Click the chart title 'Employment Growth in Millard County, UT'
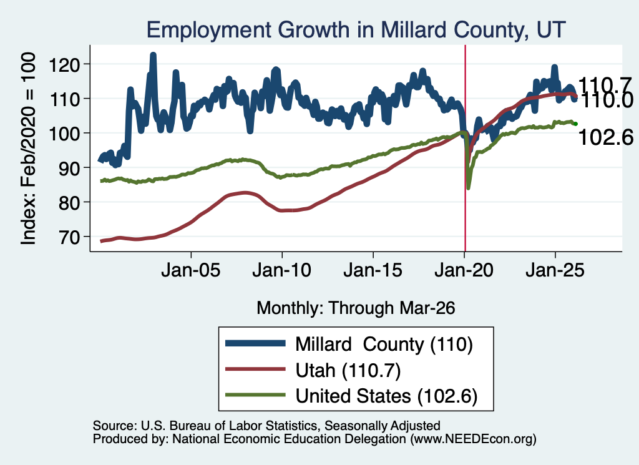point(356,30)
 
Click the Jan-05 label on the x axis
point(191,270)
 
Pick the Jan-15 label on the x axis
point(373,270)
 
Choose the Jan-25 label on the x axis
point(555,270)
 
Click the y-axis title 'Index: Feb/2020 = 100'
point(28,149)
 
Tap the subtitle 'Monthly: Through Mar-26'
point(356,308)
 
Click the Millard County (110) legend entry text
point(384,345)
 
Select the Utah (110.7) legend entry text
point(348,371)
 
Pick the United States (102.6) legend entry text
point(386,396)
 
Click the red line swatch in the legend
point(255,370)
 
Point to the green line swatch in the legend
point(255,395)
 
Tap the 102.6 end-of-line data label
point(605,137)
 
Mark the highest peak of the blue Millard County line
point(154,54)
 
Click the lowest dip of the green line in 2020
point(468,187)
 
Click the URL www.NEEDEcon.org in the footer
point(473,439)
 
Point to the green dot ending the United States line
point(575,124)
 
